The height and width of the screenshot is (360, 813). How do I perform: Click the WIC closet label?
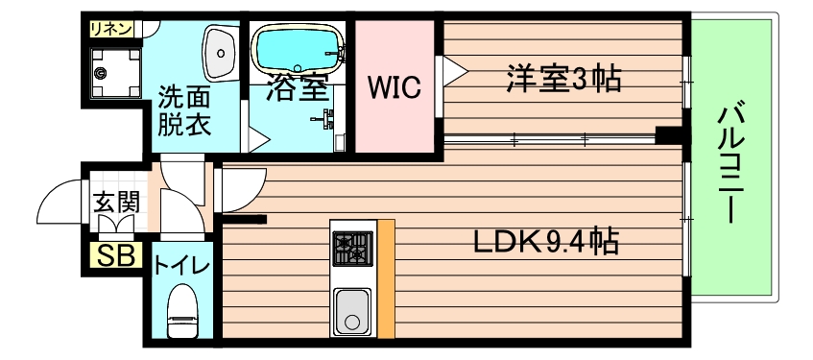coord(395,87)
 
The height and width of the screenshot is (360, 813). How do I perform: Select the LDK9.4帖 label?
coord(543,241)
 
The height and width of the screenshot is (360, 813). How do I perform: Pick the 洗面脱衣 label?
coord(185,110)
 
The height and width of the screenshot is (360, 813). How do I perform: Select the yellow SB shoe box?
coord(116,256)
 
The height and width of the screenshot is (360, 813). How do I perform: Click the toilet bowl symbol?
coord(181,314)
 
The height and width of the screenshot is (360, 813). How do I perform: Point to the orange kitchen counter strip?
coord(386,278)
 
